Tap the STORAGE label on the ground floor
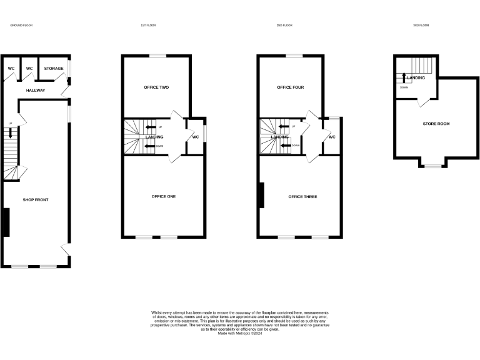tap(53, 68)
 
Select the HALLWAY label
tap(36, 91)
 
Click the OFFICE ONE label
tap(164, 196)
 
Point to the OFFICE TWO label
tap(156, 87)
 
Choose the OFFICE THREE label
tap(302, 197)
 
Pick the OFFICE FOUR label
tap(291, 87)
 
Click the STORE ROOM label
tap(436, 124)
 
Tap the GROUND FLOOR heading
tap(21, 26)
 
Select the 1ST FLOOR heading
tap(148, 26)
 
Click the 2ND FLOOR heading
tap(284, 26)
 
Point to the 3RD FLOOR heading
tap(421, 26)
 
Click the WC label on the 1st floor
tap(196, 137)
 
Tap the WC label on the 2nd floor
tap(332, 137)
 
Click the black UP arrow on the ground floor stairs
tap(11, 133)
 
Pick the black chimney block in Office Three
tap(261, 195)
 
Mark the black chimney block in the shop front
tap(6, 222)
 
